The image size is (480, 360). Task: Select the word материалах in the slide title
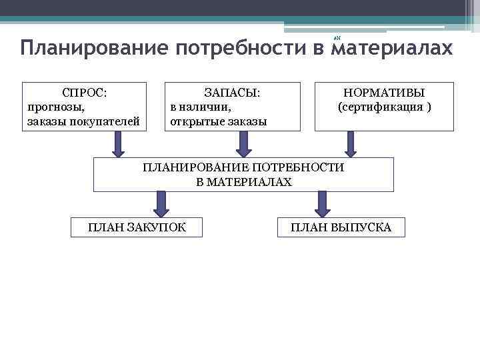(x=391, y=49)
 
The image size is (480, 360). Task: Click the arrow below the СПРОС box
(x=118, y=144)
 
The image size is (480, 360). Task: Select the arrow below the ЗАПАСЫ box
(x=243, y=144)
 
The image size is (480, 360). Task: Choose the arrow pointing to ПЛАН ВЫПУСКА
(x=323, y=203)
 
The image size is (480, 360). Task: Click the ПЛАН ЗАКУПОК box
(x=137, y=227)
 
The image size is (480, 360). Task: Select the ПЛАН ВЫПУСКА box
(x=341, y=227)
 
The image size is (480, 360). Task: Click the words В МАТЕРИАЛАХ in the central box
(x=244, y=181)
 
